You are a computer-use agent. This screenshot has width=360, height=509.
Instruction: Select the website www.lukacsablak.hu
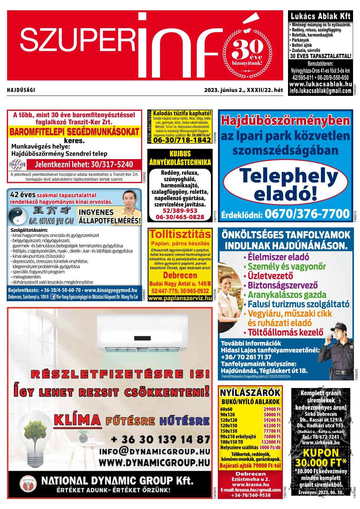[320, 84]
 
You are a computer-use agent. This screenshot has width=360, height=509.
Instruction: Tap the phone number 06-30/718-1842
[182, 140]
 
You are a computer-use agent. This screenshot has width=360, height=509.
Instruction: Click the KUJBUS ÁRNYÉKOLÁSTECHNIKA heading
[180, 158]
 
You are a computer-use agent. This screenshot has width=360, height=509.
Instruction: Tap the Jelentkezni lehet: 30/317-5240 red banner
[83, 165]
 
